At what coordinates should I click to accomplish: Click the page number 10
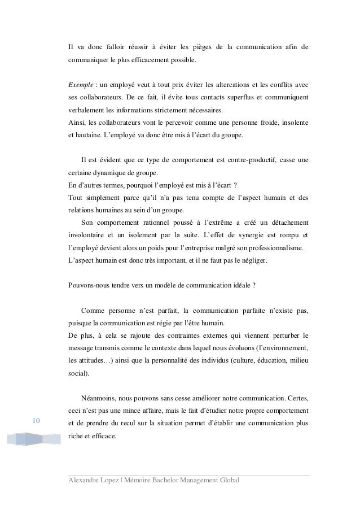pyautogui.click(x=36, y=421)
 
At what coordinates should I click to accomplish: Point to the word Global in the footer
pyautogui.click(x=227, y=480)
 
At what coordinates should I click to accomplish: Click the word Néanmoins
pyautogui.click(x=100, y=396)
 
